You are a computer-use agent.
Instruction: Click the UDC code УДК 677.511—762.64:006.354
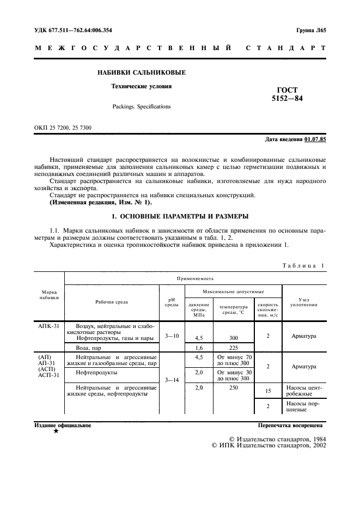click(74, 31)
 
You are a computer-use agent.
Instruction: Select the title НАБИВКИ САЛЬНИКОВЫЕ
click(142, 72)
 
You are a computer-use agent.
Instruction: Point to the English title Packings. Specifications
click(142, 107)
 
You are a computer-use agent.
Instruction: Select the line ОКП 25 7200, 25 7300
click(63, 128)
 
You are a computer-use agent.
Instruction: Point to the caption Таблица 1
click(304, 266)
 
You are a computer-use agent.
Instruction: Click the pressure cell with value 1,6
click(199, 347)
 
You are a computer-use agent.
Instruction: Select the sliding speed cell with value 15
click(268, 391)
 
